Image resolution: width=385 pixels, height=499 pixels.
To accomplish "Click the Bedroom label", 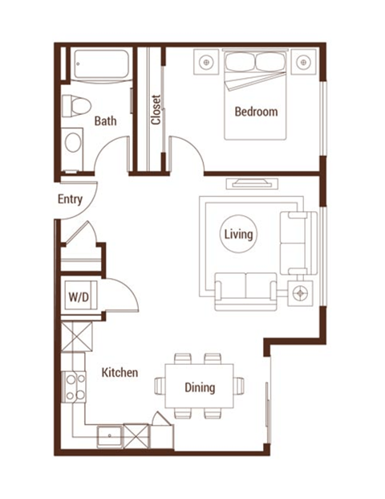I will point(256,112).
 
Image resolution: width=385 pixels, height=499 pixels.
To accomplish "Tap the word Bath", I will point(105,121).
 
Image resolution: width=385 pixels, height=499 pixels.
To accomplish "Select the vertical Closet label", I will point(156,111).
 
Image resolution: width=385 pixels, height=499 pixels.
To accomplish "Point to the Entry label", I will point(70,199).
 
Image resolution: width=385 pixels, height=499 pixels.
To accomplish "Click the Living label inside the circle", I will point(239,235).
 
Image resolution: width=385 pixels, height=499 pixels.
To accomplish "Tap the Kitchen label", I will point(120,373).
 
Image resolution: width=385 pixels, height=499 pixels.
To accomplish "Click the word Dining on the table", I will point(200,387).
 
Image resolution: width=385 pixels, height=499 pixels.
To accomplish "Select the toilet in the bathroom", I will point(74,105).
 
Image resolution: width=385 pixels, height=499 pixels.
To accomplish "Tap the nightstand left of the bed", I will point(207,61).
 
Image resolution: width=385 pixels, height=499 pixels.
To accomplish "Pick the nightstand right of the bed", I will point(304,61).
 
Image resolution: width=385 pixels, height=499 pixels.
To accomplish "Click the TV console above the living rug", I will point(251,182).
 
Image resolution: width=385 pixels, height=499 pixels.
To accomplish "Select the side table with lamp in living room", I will point(302,292).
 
